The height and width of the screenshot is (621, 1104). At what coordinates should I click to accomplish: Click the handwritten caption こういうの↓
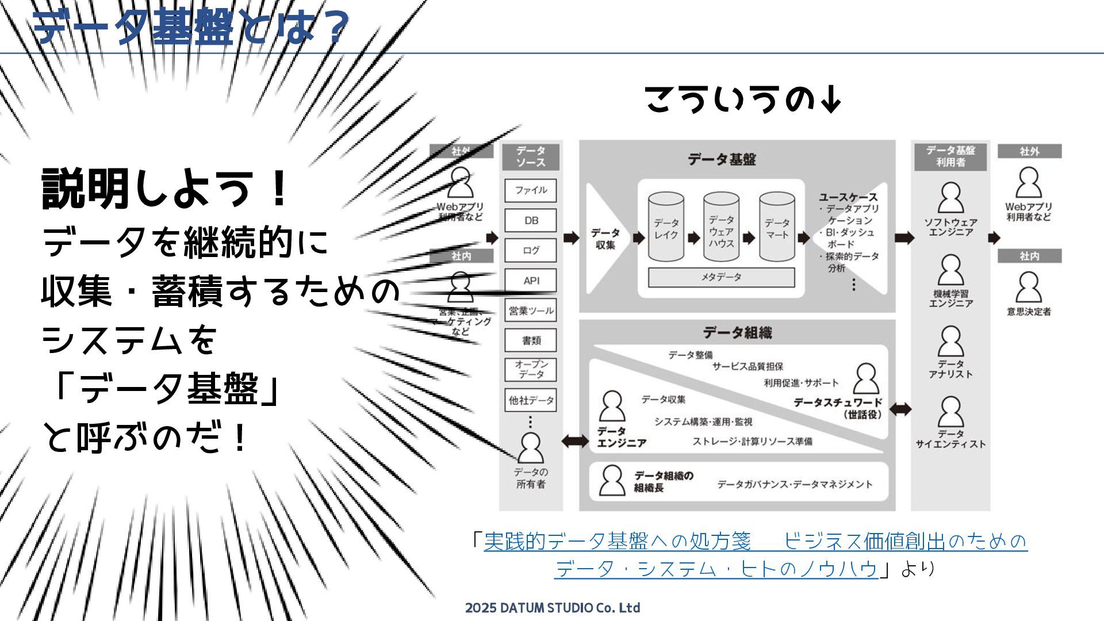tap(742, 99)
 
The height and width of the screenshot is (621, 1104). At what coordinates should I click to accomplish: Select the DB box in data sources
tap(531, 220)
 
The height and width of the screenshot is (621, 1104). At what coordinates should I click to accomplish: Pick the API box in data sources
tap(531, 281)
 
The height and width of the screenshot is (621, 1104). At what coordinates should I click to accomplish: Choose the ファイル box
tap(531, 190)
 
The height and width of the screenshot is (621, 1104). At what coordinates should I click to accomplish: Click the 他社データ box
tap(531, 400)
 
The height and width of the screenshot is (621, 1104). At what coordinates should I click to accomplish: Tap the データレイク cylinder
tap(666, 228)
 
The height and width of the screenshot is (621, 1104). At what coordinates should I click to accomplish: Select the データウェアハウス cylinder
tap(721, 228)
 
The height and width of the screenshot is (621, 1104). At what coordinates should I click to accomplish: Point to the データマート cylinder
tap(777, 228)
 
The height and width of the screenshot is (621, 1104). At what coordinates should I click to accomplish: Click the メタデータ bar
tap(721, 277)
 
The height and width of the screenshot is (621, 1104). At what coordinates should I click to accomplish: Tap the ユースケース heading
tap(848, 197)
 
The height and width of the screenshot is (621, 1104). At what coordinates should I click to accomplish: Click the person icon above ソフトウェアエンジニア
tap(950, 198)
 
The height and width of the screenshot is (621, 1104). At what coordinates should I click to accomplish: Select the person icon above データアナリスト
tap(950, 342)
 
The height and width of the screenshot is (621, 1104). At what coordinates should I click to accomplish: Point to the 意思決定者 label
tap(1029, 312)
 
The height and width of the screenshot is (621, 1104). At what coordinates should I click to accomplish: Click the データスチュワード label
tap(837, 403)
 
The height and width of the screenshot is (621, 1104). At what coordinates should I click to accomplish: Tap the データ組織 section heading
tap(737, 332)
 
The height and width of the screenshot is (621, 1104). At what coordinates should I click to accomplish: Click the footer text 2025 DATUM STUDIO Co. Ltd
tap(552, 608)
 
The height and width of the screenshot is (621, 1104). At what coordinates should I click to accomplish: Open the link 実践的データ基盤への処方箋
tap(617, 541)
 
